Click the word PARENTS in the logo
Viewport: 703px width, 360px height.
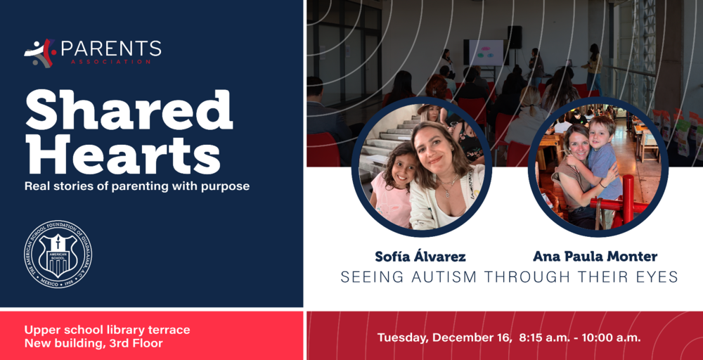click(x=111, y=49)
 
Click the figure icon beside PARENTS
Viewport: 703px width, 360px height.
click(x=39, y=53)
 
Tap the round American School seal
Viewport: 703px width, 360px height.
click(x=58, y=254)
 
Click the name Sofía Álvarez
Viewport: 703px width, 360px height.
click(x=420, y=257)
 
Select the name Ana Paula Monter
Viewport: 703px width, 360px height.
click(x=595, y=257)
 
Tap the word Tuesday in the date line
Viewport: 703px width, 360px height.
click(x=403, y=337)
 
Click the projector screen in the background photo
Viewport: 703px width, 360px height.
click(x=486, y=53)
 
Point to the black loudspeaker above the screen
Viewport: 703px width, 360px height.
click(x=515, y=37)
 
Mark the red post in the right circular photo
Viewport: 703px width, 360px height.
click(x=628, y=200)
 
